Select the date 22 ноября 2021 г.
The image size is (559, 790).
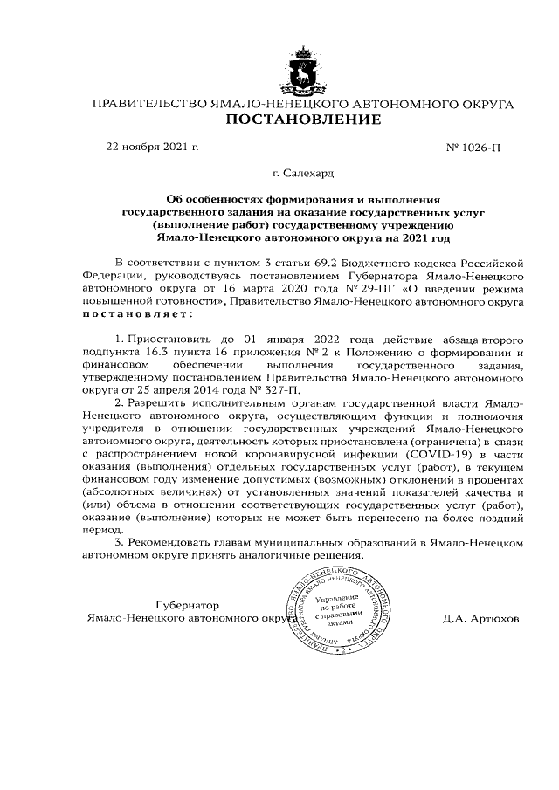(152, 147)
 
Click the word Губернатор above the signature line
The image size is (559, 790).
(187, 605)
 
